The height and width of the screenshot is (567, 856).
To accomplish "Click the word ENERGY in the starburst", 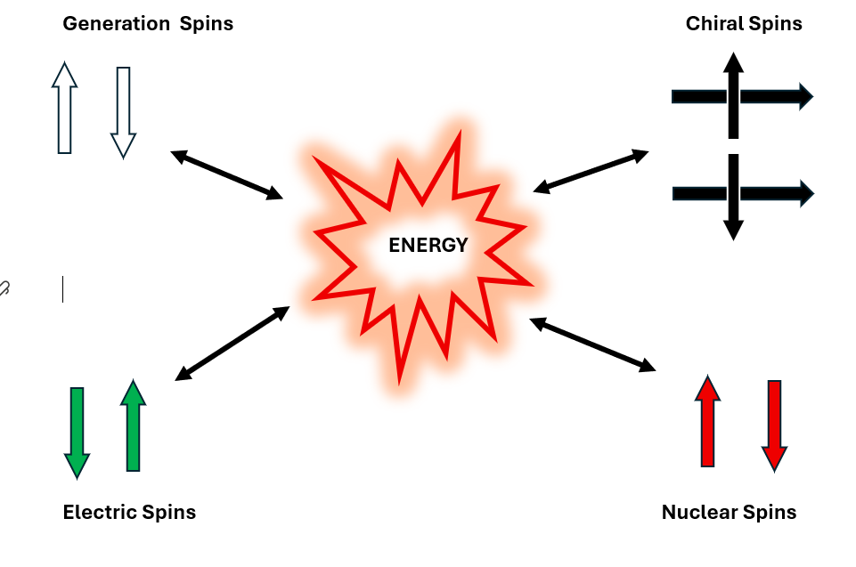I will coord(428,246).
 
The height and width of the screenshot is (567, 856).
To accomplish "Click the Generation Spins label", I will coord(148,24).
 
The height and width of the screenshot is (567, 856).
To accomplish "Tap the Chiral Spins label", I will coord(744,24).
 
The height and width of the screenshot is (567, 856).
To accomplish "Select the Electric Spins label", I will coord(129,512).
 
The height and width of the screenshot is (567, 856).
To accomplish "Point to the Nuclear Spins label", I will coord(729,512).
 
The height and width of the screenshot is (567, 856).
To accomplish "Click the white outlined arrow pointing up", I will coord(64,108).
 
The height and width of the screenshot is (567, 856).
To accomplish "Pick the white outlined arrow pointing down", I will coord(123,112).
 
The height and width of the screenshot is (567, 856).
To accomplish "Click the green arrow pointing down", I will coord(77,432).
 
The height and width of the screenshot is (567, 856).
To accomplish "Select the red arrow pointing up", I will coord(707,421).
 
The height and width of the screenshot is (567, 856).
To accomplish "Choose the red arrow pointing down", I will coord(774,425).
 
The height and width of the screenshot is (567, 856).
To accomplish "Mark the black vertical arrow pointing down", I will coord(733,197).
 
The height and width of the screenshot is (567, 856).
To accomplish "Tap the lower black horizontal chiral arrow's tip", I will coord(806,192).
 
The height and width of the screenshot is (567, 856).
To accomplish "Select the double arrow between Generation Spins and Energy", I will coord(226,174).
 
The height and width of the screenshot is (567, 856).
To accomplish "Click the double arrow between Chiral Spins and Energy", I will coord(591,171).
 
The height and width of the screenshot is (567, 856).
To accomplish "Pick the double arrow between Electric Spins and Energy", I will coord(232,344).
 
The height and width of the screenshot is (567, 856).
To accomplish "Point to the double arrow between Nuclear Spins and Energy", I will coord(592,344).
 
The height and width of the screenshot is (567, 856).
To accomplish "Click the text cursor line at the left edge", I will coord(63,289).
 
